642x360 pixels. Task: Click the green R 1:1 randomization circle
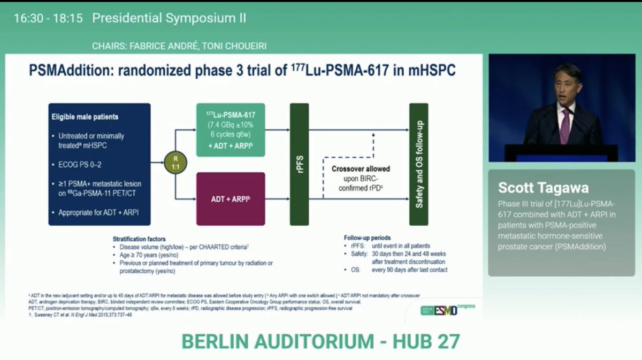point(175,162)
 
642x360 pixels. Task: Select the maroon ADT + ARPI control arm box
point(231,198)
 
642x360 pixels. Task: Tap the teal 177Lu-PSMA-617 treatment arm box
point(231,130)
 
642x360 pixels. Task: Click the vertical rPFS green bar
point(299,164)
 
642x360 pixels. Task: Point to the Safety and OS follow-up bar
point(418,164)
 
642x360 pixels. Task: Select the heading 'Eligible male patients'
point(85,117)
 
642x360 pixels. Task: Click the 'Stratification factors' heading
point(139,239)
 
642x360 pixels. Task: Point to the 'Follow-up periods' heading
point(368,238)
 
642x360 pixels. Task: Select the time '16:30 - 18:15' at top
point(48,18)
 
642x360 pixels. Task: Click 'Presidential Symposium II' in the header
point(169,18)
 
